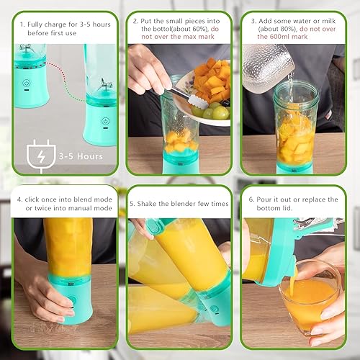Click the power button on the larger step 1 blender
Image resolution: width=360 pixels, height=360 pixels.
pos(104,122)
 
